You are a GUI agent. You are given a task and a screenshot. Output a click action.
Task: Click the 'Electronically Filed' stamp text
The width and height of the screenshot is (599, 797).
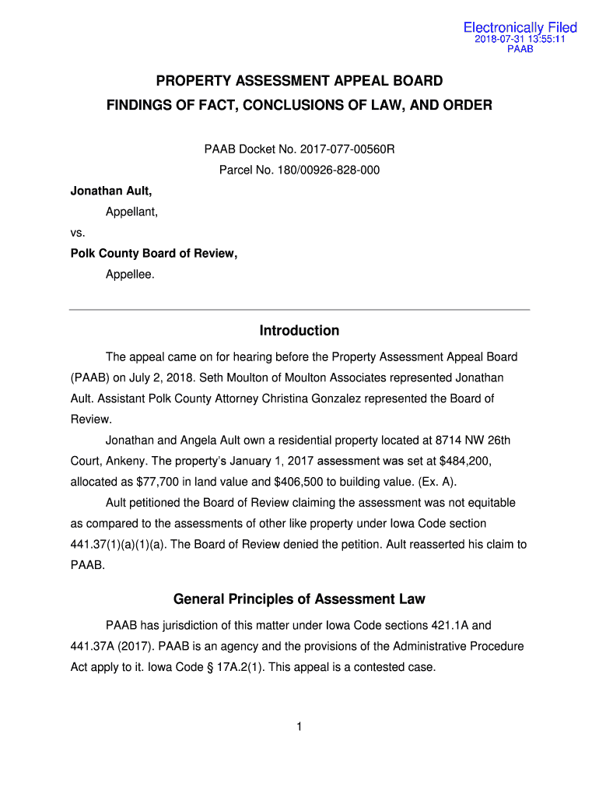[x=520, y=28]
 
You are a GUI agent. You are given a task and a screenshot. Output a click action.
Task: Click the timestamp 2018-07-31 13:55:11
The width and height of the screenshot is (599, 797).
[x=520, y=39]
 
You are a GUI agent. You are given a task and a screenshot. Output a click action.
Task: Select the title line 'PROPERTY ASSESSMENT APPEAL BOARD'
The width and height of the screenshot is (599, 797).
[x=299, y=81]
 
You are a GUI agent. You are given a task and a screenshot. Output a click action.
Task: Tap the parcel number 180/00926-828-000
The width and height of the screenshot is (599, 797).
[x=331, y=170]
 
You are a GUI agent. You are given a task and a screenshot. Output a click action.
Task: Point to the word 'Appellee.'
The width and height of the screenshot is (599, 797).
[x=131, y=275]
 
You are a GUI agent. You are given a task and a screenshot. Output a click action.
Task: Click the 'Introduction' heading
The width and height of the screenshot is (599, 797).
[x=299, y=331]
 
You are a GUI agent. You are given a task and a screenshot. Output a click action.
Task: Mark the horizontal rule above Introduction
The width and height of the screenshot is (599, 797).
[x=299, y=310]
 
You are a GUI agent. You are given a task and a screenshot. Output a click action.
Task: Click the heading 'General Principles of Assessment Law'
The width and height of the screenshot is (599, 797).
[x=299, y=599]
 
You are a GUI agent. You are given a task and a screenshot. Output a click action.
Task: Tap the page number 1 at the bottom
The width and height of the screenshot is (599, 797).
[x=299, y=727]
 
